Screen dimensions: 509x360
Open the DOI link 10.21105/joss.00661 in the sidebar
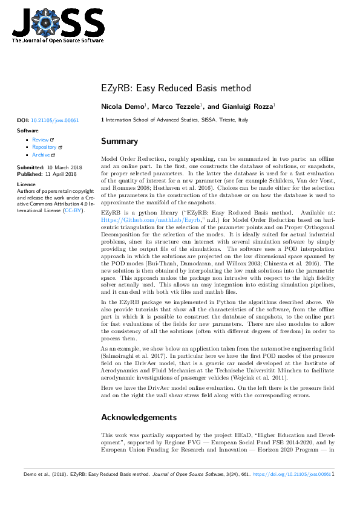[x=54, y=121]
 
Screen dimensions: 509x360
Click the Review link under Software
[x=41, y=140]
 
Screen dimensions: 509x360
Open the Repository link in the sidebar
[x=44, y=147]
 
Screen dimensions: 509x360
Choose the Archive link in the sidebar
[x=41, y=155]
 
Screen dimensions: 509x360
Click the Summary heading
[x=119, y=141]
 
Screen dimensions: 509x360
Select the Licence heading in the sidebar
[x=26, y=184]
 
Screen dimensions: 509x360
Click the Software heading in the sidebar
[x=28, y=131]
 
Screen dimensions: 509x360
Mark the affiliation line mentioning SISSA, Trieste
[x=176, y=120]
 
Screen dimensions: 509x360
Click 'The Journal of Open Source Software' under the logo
[x=57, y=41]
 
